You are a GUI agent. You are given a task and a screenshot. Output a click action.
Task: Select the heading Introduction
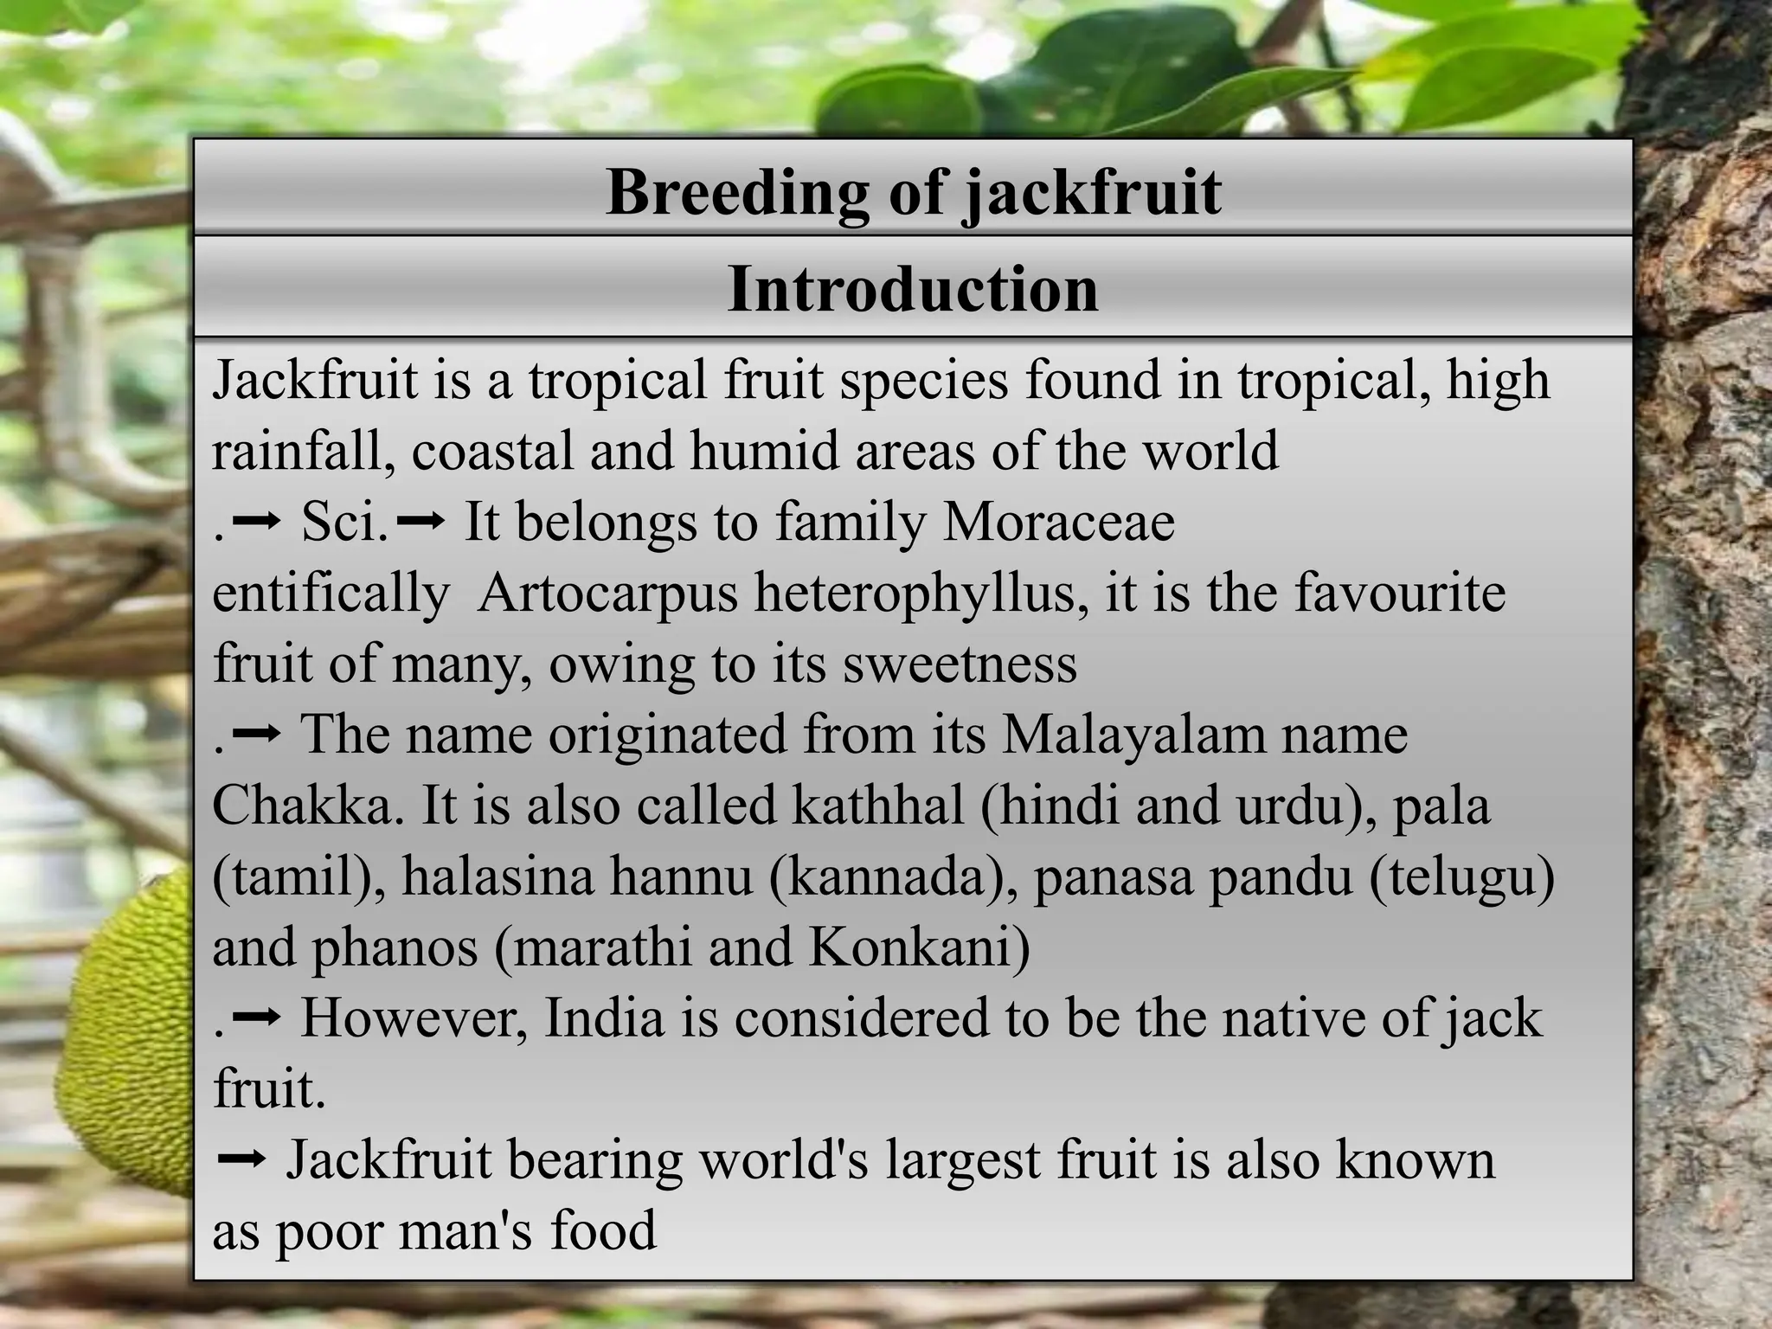click(x=913, y=289)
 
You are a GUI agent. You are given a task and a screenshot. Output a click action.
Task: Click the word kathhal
click(x=877, y=806)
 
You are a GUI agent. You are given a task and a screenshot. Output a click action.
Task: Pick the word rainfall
click(x=303, y=452)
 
